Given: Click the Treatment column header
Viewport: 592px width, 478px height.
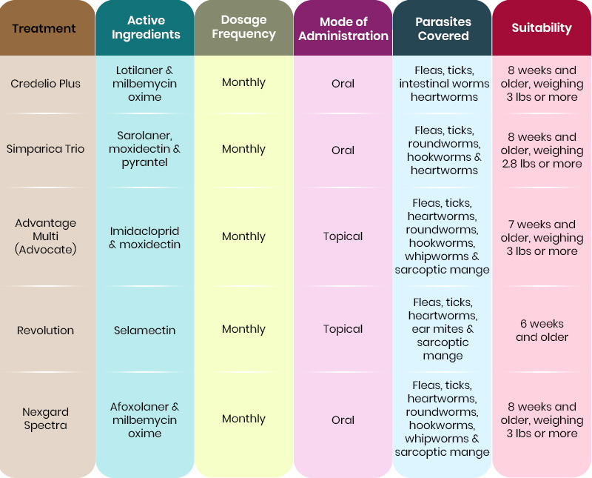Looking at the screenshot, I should coord(44,29).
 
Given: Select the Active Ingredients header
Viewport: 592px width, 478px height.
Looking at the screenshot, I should coord(144,28).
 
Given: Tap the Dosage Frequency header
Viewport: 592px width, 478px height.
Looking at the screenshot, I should coord(243,28).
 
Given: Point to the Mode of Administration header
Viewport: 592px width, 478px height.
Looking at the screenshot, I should coord(343,29).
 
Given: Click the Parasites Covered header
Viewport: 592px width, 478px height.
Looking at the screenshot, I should coord(443,29).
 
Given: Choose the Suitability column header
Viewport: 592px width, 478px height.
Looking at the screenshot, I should coord(542,28).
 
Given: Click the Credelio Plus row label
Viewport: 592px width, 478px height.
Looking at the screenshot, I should coord(46,84).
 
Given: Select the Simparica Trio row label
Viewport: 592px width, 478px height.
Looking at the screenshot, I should coord(46,149).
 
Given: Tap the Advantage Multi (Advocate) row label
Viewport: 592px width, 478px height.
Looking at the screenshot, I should coord(46,236).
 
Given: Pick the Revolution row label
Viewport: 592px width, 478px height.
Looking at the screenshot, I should coord(46,331).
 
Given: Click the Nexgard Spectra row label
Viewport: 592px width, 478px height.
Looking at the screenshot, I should coord(46,419).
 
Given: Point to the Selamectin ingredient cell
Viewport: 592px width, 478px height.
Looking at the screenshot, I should coord(145,331).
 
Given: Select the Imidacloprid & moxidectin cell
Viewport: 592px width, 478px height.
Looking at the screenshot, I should coord(145,238).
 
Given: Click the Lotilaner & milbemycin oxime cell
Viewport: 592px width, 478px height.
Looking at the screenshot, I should coord(145,84).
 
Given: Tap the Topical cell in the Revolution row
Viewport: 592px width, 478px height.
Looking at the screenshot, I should coord(343,329).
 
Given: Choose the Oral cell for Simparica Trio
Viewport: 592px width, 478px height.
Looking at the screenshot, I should coord(343,150).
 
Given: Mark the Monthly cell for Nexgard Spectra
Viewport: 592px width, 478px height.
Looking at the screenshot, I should coord(243,419).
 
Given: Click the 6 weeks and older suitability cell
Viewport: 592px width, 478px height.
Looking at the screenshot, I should coord(542,331).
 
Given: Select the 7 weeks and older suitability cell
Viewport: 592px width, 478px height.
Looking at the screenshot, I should coord(542,238).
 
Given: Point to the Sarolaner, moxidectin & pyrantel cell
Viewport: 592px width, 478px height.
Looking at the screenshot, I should coord(145,149).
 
